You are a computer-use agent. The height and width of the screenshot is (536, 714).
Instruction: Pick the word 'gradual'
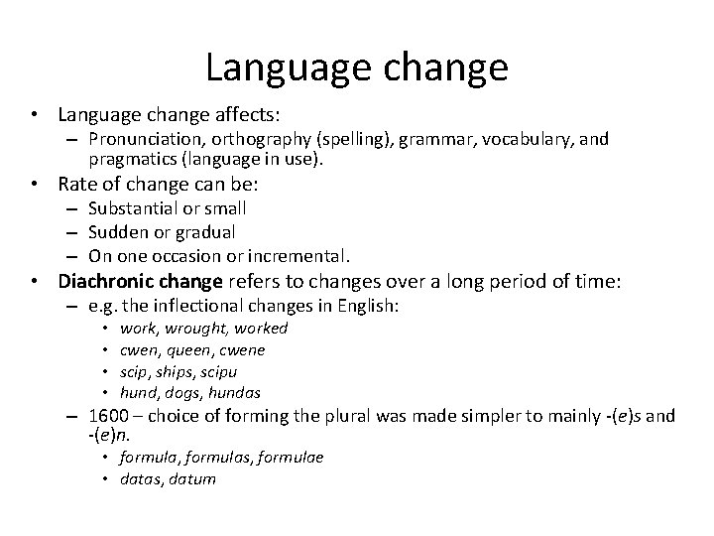point(202,231)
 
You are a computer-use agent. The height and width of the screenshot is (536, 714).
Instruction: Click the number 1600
point(108,416)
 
